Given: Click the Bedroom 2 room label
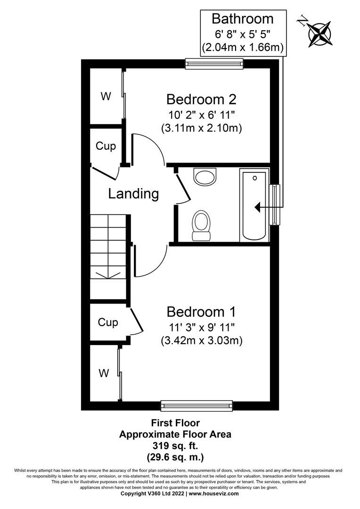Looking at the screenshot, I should tap(201, 99).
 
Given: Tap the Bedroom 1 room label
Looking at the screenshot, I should tap(201, 312).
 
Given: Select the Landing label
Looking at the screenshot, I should tap(133, 194).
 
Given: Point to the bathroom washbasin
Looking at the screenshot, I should tap(205, 178).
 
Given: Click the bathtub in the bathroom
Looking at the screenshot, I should tap(254, 205).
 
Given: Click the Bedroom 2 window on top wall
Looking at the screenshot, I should tap(214, 64).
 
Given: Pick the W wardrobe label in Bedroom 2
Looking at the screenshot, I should tap(106, 97).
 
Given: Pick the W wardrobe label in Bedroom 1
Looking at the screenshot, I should tap(104, 374).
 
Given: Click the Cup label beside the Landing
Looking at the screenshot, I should tap(106, 146).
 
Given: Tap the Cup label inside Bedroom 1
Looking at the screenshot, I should tap(108, 322).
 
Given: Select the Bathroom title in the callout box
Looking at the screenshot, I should tap(242, 19).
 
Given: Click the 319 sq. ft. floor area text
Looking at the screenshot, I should tap(175, 445).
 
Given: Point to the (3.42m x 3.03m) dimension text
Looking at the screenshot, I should tap(201, 340).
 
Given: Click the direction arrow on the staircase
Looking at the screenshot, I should tap(108, 275).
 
